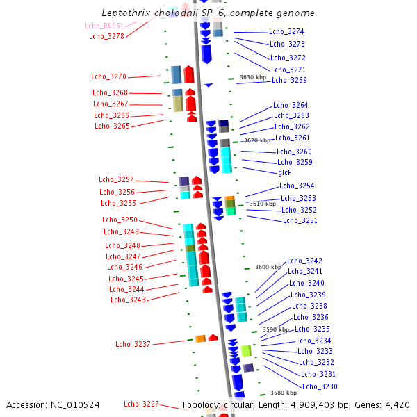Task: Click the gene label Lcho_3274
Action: coord(286,32)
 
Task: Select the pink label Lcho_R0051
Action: coord(104,26)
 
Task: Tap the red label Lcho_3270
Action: coord(108,76)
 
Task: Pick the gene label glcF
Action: coord(284,172)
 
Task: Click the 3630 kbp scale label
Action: coord(253,78)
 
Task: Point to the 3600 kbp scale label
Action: coord(268,267)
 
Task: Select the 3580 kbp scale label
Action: coord(284,393)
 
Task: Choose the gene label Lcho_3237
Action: coord(133,344)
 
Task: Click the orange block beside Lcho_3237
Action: coord(200,338)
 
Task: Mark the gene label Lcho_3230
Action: coord(320,386)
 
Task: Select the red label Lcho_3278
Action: coord(106,36)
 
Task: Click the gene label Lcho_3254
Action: coord(297,186)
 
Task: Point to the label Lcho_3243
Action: coord(128,300)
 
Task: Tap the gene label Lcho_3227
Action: coord(141,404)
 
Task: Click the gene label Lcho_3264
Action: coord(291,105)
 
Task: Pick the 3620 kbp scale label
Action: coord(257,140)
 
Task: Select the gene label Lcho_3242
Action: coord(304,261)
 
